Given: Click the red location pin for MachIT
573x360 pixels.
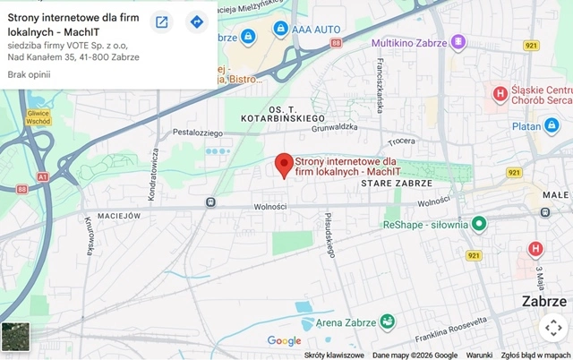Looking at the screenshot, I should [283, 165].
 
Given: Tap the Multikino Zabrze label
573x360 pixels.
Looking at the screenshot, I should [409, 42].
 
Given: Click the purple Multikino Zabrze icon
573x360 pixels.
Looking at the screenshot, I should [458, 42].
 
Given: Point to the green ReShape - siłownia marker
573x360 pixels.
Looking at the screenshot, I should [479, 223].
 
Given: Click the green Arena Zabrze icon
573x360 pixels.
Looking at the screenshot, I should [387, 321].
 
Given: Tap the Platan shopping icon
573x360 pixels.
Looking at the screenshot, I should [552, 125].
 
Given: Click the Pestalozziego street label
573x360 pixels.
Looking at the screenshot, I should [197, 133].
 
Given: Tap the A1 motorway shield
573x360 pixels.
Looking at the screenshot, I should [43, 177].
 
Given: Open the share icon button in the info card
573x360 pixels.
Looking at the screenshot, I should [161, 22].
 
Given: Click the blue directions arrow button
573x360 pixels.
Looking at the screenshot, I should [196, 22].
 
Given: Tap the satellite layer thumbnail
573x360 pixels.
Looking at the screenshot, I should [16, 337].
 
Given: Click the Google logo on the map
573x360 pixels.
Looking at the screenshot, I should [284, 340].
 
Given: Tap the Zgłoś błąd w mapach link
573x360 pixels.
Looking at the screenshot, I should [535, 355].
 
